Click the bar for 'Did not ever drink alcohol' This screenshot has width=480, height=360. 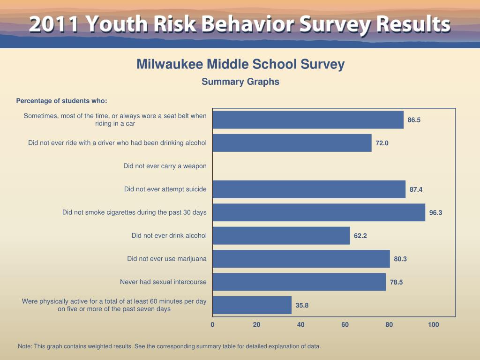tap(281, 236)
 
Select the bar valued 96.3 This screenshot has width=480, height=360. tap(319, 212)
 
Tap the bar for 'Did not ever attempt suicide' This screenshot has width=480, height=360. tap(309, 189)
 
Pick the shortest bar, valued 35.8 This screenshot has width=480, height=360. tap(252, 305)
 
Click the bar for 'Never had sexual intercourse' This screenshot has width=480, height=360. tap(299, 282)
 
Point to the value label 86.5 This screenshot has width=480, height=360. tap(414, 120)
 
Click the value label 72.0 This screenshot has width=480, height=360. tap(382, 143)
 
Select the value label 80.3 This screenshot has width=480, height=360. tap(400, 259)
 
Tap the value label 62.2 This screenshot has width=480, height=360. tap(360, 236)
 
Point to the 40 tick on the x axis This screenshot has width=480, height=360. tap(301, 324)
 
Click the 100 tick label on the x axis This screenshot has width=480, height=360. tap(434, 324)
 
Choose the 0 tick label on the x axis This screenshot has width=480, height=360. tap(212, 324)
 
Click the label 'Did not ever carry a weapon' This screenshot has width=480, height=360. tap(165, 166)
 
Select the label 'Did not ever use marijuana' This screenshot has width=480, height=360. tap(167, 259)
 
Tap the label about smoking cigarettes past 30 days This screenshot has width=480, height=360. tap(135, 212)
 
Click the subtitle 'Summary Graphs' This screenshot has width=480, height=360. tap(240, 82)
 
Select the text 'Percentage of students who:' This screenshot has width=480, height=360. tap(62, 101)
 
